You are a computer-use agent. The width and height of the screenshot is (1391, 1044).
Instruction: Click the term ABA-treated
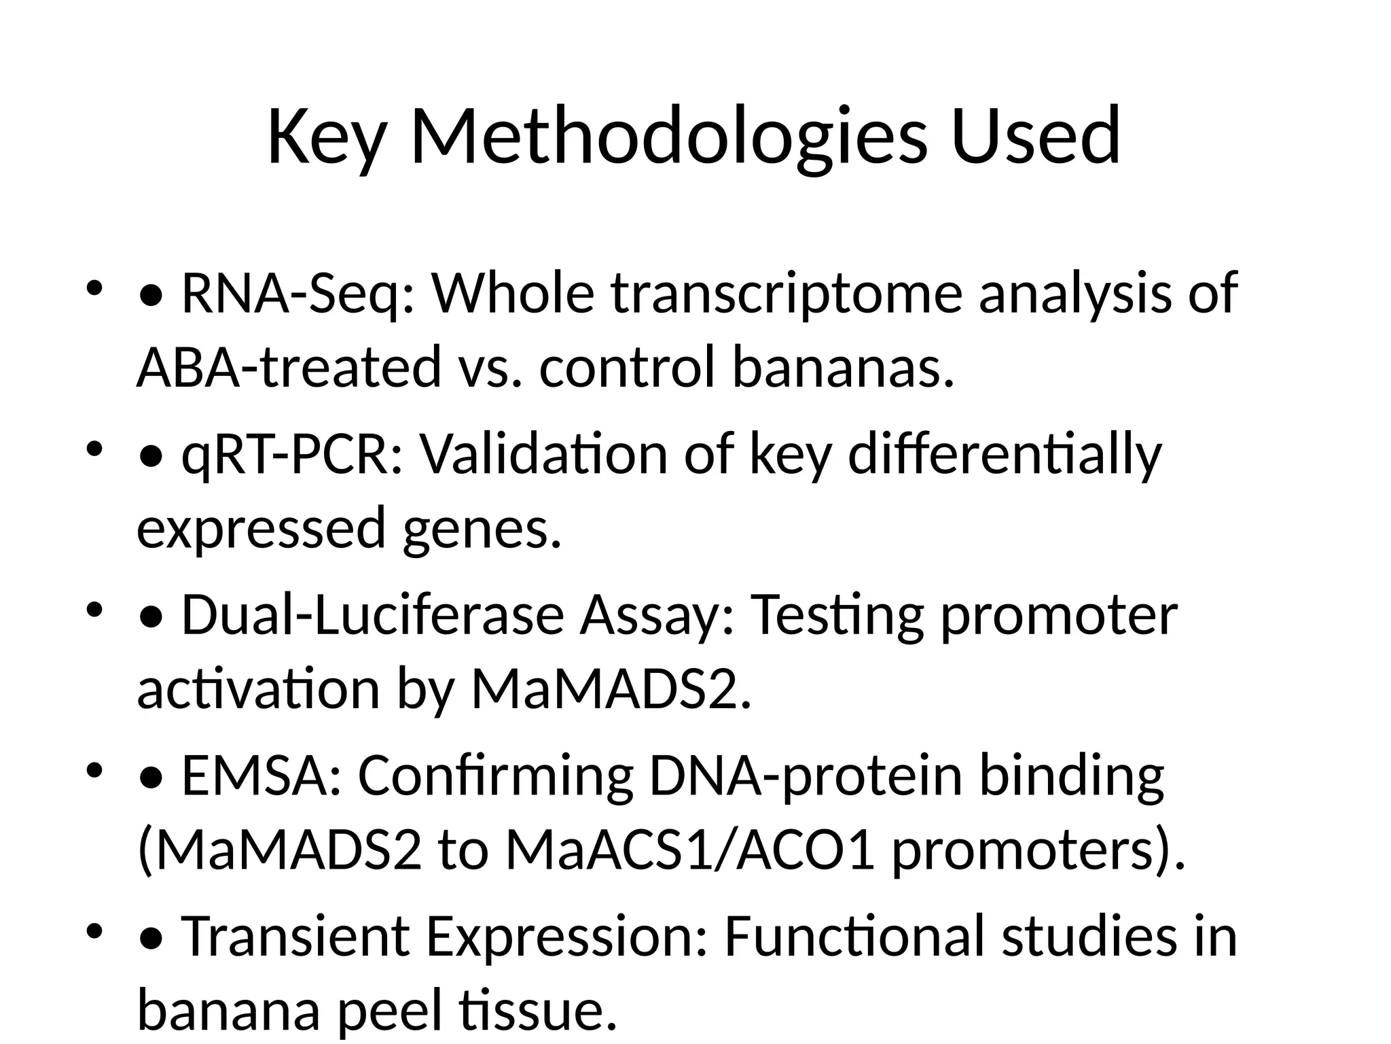coord(288,367)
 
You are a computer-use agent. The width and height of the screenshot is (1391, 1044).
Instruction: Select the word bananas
coord(842,367)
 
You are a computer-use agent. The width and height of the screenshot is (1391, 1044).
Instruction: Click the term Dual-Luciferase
coord(372,614)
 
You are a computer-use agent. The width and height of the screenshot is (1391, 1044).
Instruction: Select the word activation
coord(258,689)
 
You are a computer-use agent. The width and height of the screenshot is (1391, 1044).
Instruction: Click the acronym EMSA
coord(262,776)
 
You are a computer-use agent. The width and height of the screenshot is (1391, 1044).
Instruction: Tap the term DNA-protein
coord(806,776)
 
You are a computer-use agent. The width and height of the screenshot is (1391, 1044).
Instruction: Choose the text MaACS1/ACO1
coord(689,851)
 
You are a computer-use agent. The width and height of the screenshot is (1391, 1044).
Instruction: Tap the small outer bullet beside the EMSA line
coord(94,771)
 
